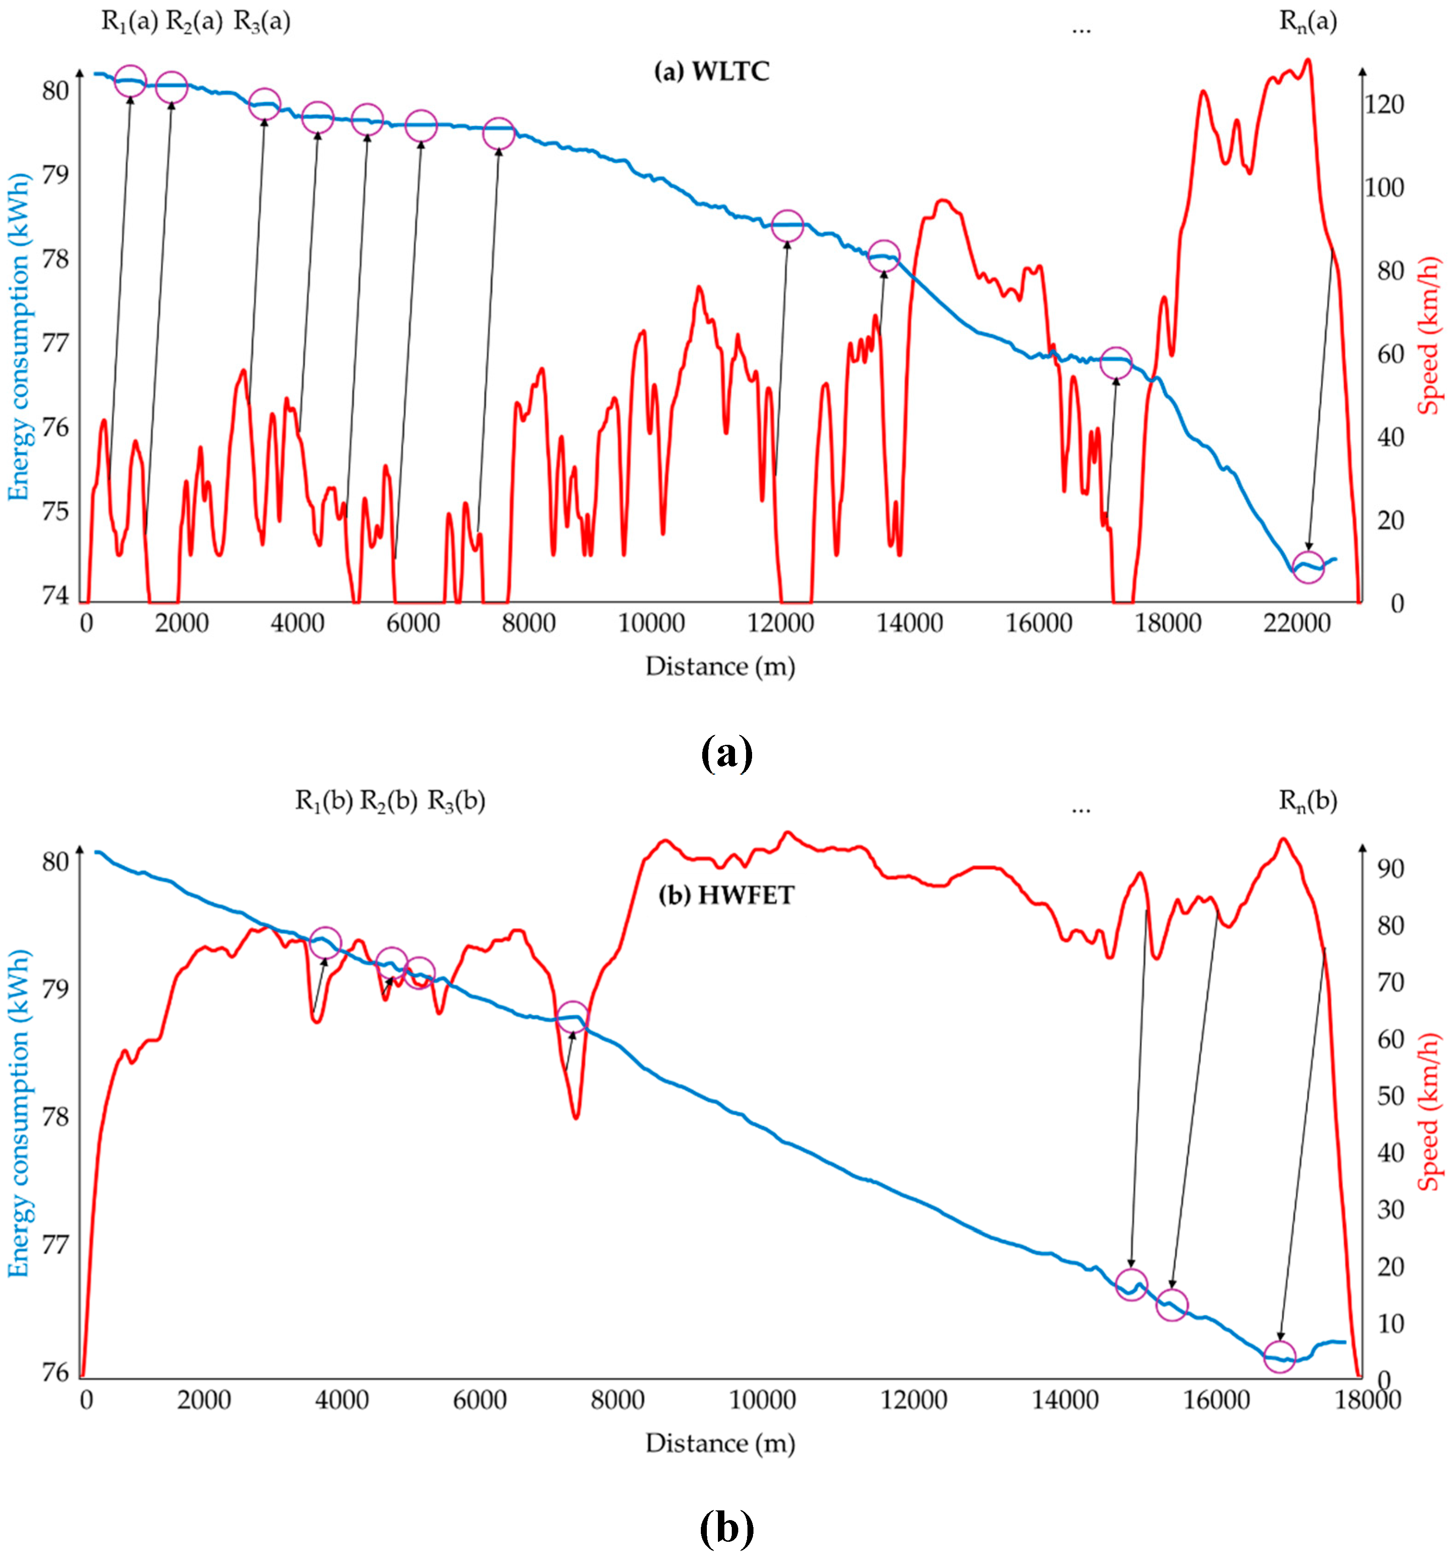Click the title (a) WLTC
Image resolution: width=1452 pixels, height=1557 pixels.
point(711,72)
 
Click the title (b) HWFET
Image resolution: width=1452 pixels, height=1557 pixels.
point(726,895)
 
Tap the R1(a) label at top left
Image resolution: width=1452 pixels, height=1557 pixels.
point(129,22)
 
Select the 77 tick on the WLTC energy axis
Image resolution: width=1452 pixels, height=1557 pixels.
point(55,343)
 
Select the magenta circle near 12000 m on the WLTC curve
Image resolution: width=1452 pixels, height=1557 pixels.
point(787,226)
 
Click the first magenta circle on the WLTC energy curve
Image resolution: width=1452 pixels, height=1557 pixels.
point(130,81)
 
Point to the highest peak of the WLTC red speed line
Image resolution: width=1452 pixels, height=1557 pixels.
point(1307,61)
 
